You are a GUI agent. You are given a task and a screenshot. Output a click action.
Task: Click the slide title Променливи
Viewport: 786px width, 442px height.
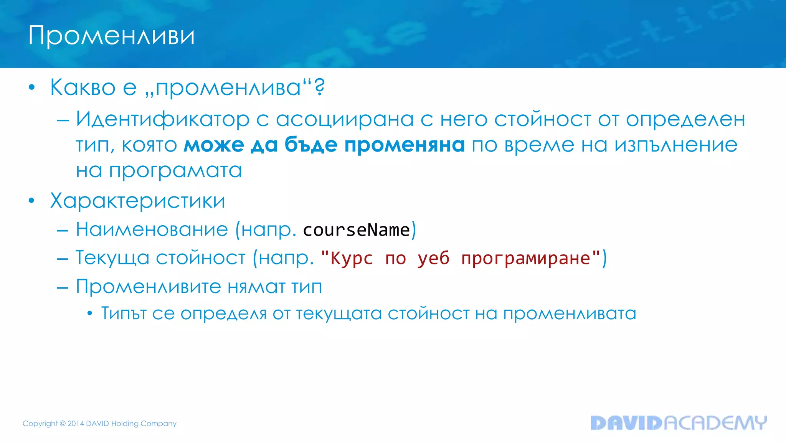click(111, 36)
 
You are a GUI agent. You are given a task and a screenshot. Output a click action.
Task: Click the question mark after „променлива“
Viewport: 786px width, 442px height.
click(319, 87)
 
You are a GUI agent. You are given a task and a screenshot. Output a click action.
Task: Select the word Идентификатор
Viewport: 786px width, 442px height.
click(163, 119)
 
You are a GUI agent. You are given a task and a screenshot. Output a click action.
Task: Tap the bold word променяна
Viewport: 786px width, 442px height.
click(405, 145)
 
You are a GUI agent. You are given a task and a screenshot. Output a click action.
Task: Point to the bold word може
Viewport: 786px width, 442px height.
click(214, 145)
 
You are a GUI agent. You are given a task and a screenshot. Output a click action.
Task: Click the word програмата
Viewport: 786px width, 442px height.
click(175, 171)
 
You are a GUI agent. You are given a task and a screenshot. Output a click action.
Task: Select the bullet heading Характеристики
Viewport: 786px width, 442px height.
click(137, 201)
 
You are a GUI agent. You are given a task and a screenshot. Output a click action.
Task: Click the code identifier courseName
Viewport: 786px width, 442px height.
click(357, 230)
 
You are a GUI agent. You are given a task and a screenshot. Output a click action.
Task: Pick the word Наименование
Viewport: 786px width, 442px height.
click(152, 229)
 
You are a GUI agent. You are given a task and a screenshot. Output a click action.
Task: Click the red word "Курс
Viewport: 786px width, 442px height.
click(347, 258)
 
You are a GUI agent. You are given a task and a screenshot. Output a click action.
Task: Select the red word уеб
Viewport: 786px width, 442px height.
click(433, 258)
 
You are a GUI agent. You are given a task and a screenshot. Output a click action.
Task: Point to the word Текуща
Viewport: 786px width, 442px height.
click(112, 257)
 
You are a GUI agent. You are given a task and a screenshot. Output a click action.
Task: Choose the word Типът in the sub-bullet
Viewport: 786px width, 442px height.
click(124, 313)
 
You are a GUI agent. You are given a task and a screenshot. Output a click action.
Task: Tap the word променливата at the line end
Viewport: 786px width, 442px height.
click(570, 314)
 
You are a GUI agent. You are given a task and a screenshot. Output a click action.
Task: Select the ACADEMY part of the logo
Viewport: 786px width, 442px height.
click(715, 423)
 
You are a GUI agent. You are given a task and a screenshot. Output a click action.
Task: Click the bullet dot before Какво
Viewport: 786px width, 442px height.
click(32, 88)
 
